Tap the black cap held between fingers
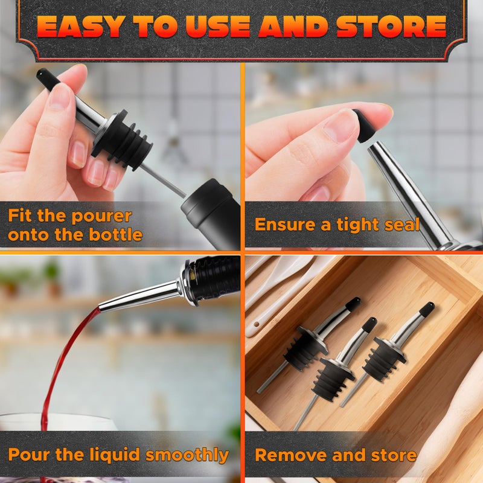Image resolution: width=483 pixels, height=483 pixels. [x=364, y=126]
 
